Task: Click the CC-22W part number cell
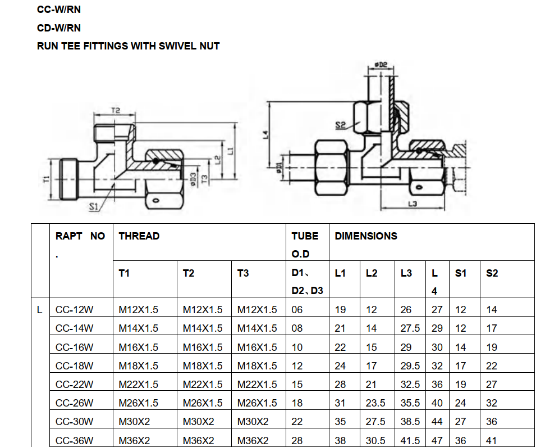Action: [x=74, y=385]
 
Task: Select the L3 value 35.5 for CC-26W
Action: [x=410, y=403]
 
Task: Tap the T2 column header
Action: [x=189, y=273]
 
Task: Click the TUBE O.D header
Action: [x=305, y=245]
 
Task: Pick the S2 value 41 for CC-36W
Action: [x=491, y=441]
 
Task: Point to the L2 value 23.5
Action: [x=375, y=403]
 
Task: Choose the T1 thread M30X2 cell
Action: [x=134, y=422]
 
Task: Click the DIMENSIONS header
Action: [x=366, y=236]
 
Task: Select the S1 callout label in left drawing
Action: [x=93, y=206]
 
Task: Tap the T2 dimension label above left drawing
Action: [x=116, y=110]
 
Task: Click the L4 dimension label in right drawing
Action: [x=265, y=134]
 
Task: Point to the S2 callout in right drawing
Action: [x=341, y=125]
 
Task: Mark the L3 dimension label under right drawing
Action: [x=413, y=204]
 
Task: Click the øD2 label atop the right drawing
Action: [x=381, y=65]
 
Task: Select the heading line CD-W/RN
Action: [x=59, y=28]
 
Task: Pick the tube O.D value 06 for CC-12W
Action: [x=297, y=310]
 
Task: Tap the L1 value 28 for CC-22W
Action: [x=340, y=385]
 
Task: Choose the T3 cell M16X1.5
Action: [x=257, y=347]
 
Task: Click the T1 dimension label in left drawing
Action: [x=47, y=179]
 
